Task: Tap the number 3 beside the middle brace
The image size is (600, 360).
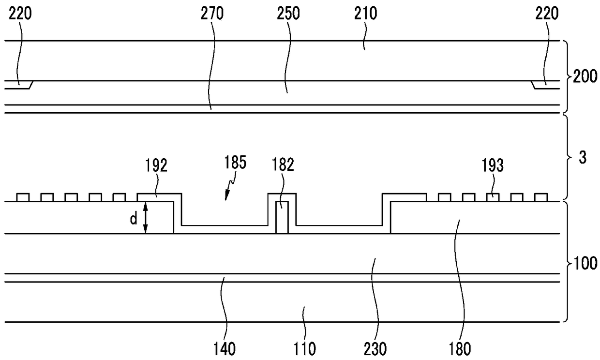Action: (x=583, y=158)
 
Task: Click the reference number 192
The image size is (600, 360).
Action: (x=155, y=166)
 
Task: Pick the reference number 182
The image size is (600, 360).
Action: (x=283, y=166)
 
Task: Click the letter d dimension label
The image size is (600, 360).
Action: (x=133, y=218)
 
